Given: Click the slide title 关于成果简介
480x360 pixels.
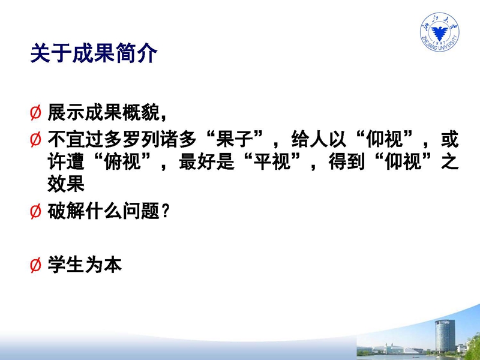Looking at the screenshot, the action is [94, 53].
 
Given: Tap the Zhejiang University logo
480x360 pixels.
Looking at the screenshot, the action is [439, 32].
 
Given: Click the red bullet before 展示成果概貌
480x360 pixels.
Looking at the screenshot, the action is [35, 112].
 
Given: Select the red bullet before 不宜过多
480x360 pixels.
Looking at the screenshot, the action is [35, 139].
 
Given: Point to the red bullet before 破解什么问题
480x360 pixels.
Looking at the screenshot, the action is [35, 212].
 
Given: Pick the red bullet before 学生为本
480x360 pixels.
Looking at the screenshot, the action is [35, 265].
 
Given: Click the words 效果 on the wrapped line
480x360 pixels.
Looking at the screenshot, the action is [66, 184].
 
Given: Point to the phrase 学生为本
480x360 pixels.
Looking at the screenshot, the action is [85, 265].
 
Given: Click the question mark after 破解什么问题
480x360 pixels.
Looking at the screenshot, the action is [166, 212].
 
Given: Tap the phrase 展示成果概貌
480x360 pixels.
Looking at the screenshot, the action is [103, 112].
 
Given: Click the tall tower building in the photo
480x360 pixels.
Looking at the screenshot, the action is [445, 335].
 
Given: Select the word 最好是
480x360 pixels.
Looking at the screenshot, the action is [206, 162].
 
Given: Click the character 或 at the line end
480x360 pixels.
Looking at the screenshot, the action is [449, 139].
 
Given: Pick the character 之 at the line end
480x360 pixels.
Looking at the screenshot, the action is [449, 162].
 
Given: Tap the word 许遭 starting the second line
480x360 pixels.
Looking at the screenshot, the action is [66, 162].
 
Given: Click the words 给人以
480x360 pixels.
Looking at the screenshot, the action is [319, 139].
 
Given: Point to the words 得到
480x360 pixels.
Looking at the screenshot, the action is [347, 162].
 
